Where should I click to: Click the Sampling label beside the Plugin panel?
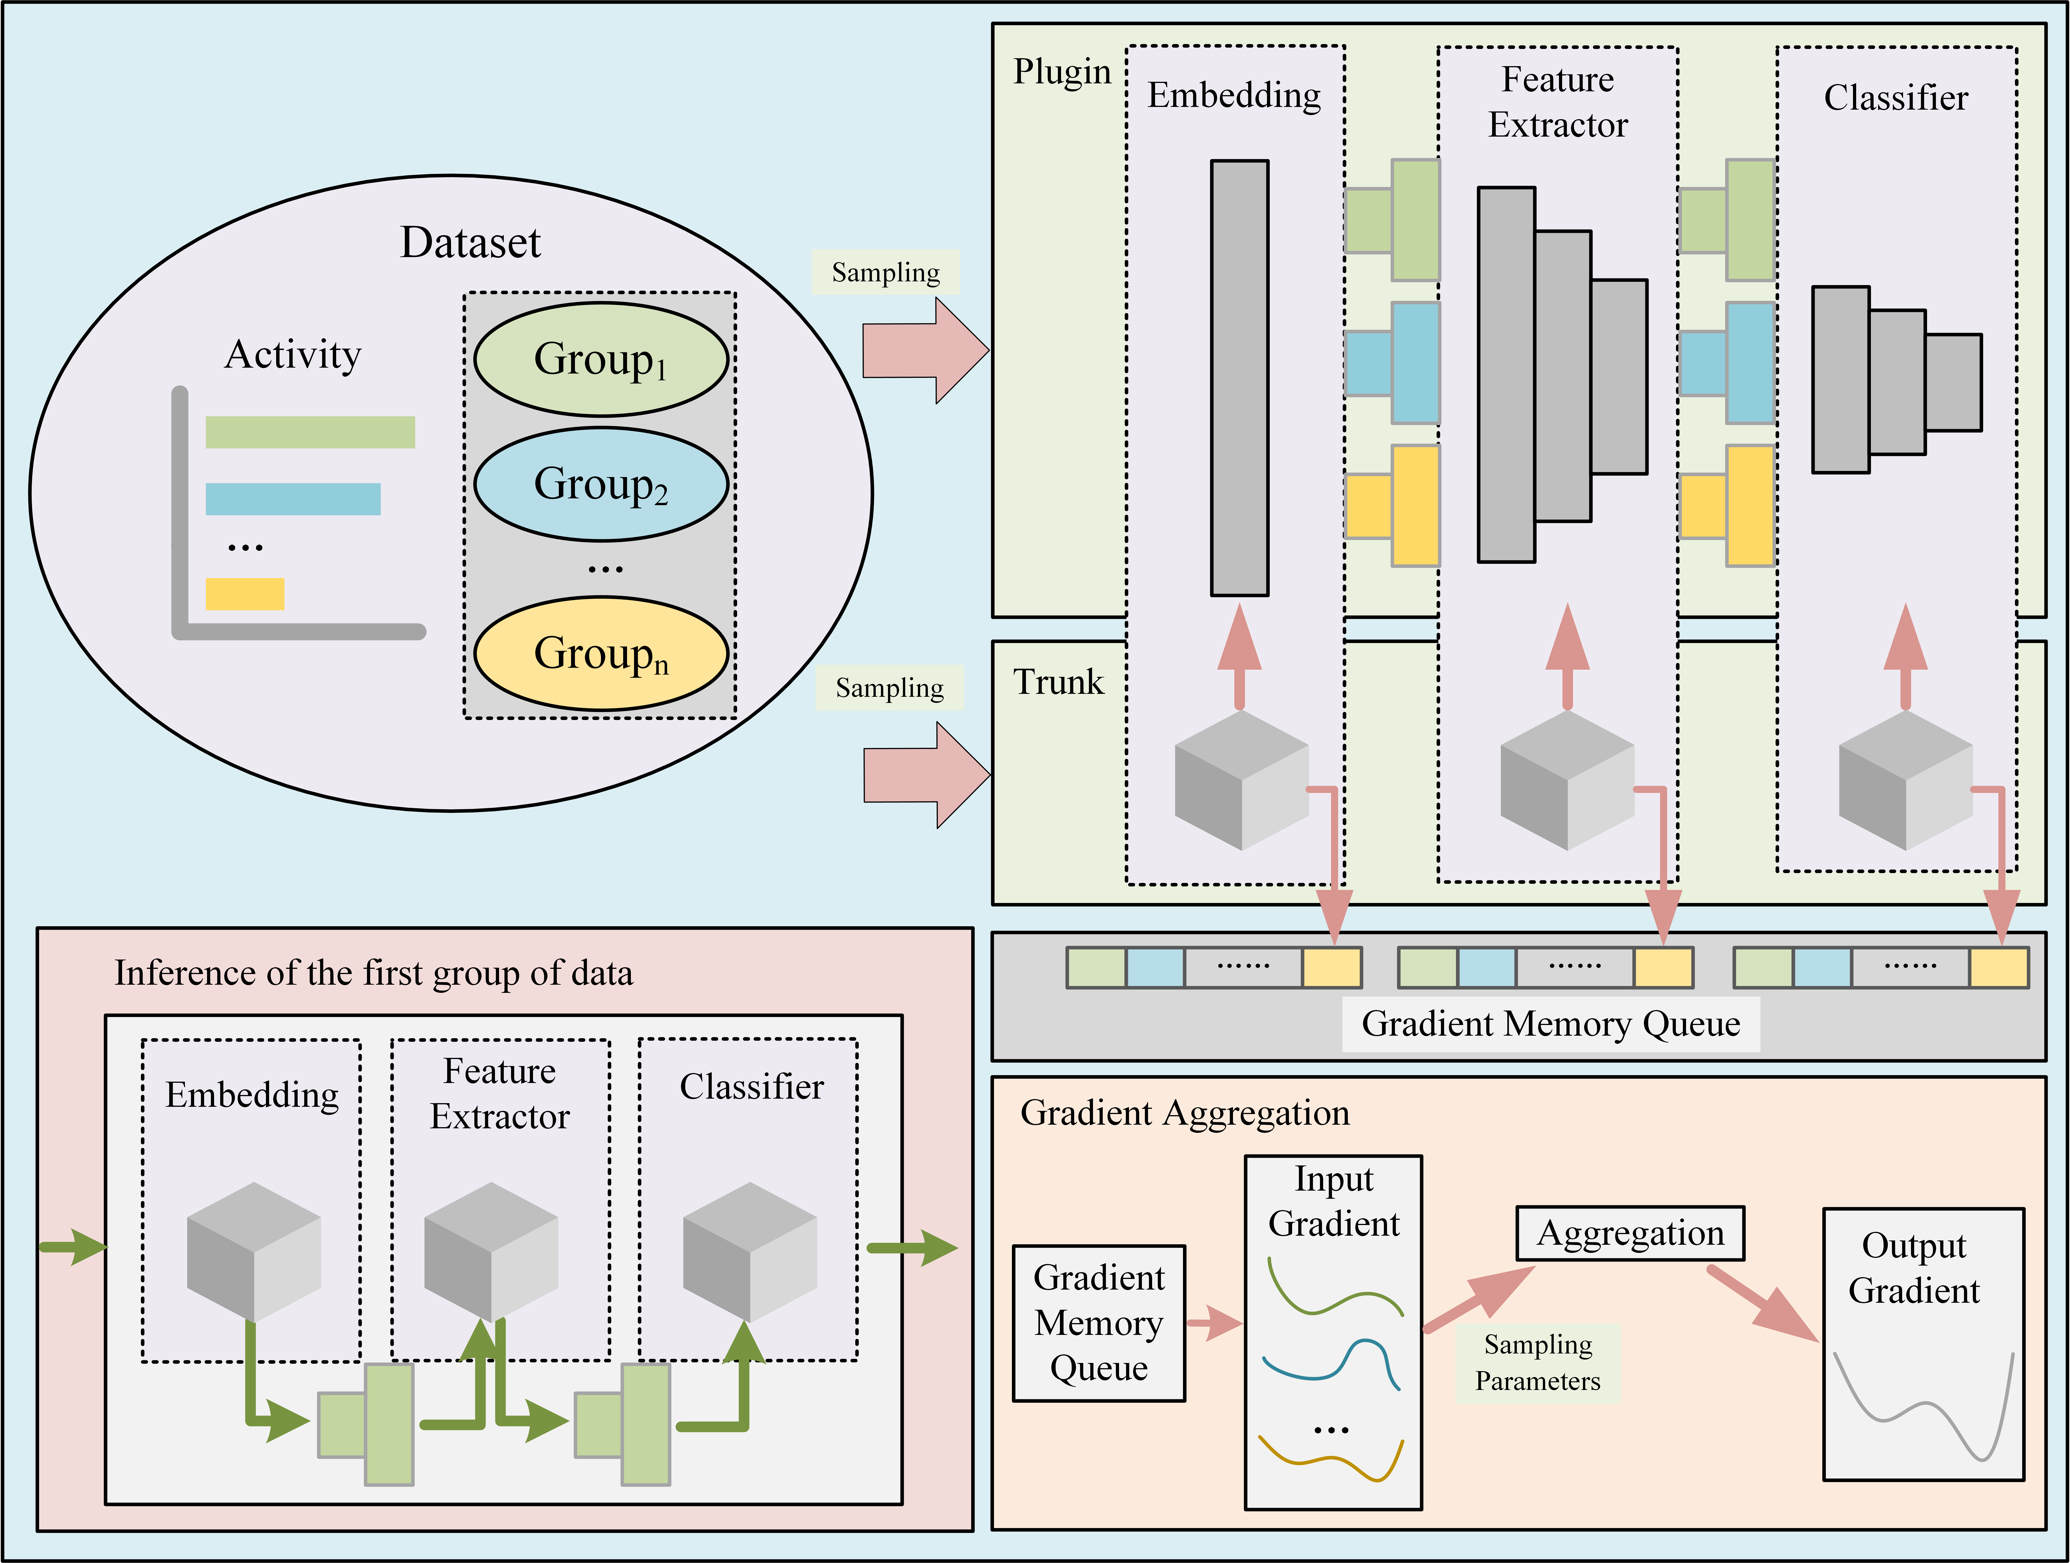click(885, 272)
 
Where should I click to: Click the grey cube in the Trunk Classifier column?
click(1905, 781)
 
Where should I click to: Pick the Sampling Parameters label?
click(1537, 1363)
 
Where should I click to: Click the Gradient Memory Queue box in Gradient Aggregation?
click(1099, 1322)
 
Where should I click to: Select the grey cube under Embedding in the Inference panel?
click(254, 1251)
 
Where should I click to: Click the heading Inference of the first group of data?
click(373, 973)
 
